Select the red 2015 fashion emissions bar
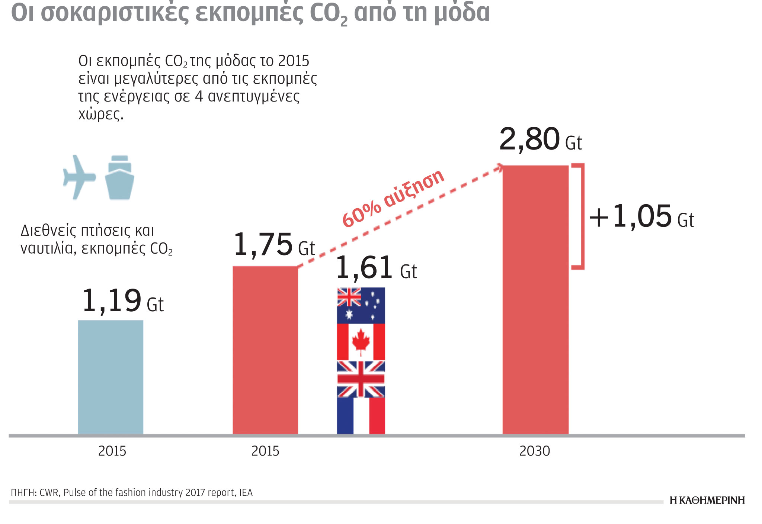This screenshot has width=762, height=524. coord(265,350)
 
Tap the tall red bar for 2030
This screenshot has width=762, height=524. coord(535,299)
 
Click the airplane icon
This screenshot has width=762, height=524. coord(79,177)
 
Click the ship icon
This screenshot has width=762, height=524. coord(119,177)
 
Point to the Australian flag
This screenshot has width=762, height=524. coord(361,305)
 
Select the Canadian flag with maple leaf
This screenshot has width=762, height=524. coord(361,342)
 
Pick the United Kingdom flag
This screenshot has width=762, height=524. coord(361,379)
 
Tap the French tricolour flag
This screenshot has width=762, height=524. coord(361,416)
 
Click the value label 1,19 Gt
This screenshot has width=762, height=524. coord(122,301)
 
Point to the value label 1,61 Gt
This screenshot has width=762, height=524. coord(376,268)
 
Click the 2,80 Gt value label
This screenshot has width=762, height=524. coord(540,139)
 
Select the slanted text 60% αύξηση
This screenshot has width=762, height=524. coord(393,198)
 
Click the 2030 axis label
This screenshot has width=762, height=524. coord(534,451)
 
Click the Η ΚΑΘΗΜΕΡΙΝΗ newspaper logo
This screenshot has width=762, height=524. coord(707,500)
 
